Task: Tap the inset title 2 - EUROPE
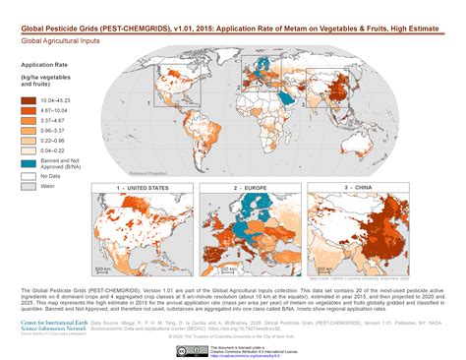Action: click(x=253, y=186)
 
